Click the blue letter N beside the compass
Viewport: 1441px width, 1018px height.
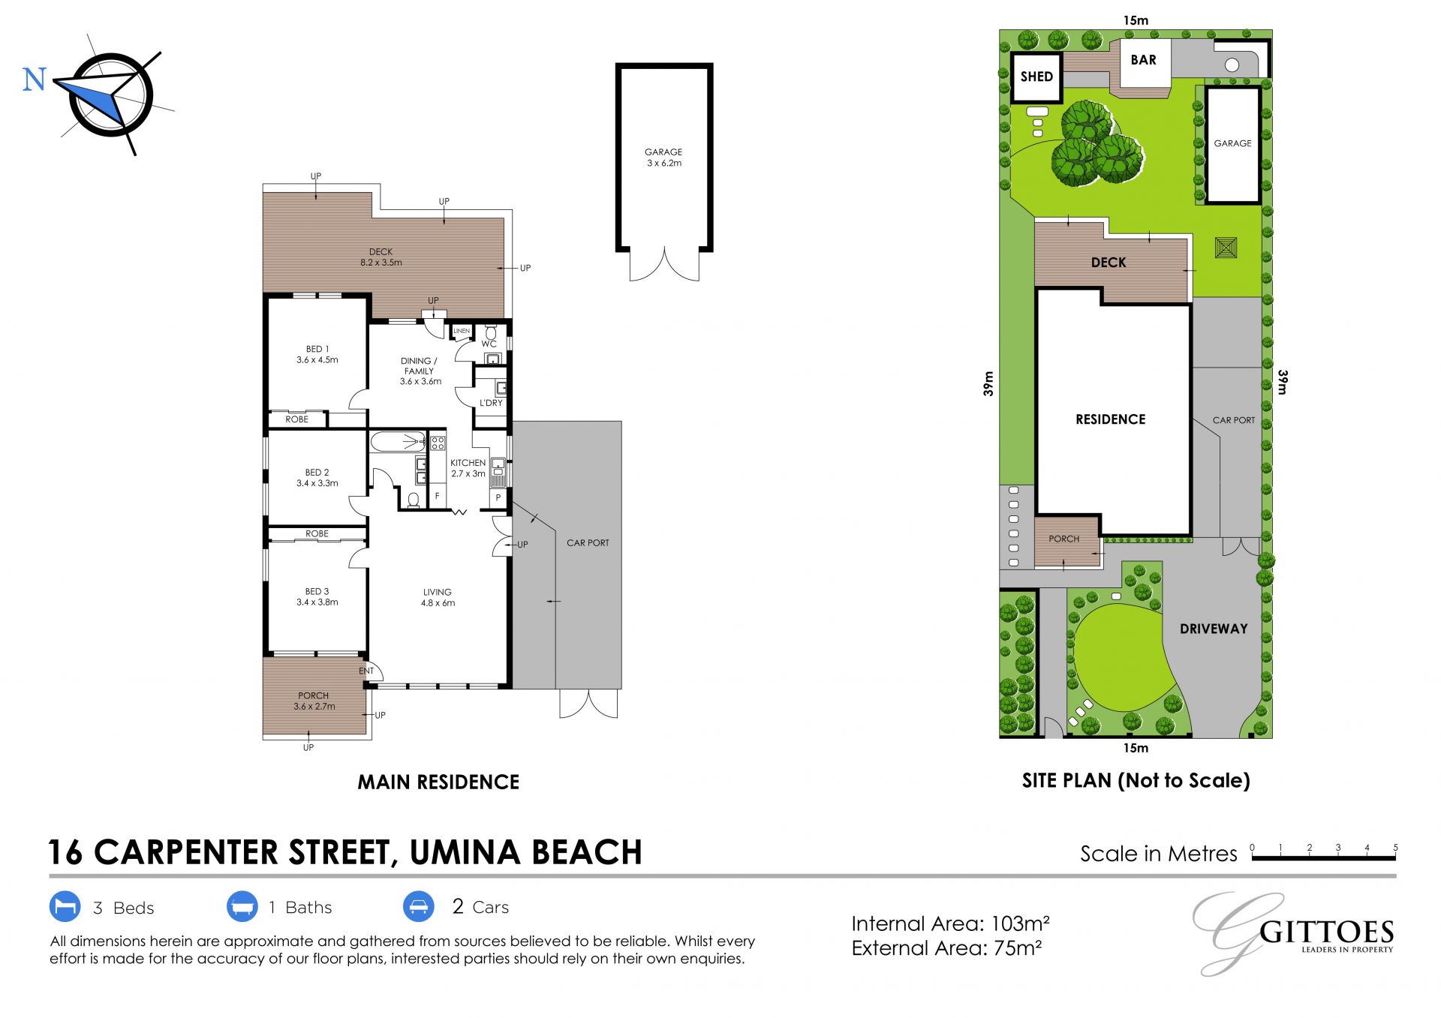point(35,80)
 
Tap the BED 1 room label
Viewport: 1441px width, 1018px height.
point(317,354)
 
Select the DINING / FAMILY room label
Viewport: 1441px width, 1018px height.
point(420,371)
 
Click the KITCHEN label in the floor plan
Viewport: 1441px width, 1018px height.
point(468,468)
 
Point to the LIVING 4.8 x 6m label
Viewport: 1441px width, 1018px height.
point(438,597)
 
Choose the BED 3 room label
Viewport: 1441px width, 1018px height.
point(317,596)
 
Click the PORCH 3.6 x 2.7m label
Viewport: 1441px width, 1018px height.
point(314,701)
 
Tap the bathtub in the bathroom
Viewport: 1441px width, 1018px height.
point(399,441)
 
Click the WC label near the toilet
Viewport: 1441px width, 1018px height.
point(489,344)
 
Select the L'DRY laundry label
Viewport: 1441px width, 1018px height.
point(491,403)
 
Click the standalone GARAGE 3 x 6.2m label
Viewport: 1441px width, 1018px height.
point(664,157)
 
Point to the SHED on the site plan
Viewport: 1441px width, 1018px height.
point(1036,77)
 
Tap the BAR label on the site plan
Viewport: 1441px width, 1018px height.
point(1143,60)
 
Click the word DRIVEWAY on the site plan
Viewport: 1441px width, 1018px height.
point(1214,629)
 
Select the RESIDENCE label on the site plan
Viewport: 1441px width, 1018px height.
point(1111,419)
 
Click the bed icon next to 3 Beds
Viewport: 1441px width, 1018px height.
point(65,906)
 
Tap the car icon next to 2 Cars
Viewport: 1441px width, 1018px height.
point(419,906)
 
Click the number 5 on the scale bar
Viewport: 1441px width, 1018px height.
point(1395,848)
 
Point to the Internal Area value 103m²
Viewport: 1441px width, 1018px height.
point(1021,923)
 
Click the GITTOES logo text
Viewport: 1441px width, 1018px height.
point(1326,932)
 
